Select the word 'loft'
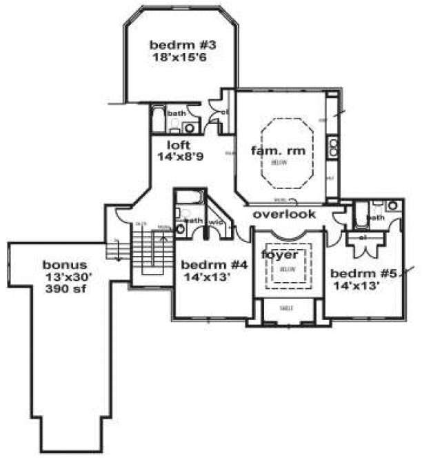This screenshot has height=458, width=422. (179, 145)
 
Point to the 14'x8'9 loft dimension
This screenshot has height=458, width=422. (179, 157)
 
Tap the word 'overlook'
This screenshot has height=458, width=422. (284, 214)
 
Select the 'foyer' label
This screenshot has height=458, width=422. (279, 255)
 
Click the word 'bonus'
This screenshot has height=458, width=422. (65, 265)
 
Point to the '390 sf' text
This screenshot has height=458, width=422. (65, 287)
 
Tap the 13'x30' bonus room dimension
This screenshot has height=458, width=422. (65, 276)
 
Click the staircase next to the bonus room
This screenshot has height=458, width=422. (143, 248)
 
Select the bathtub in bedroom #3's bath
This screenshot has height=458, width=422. (158, 119)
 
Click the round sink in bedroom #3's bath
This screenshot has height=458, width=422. (190, 128)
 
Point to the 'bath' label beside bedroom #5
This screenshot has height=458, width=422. (375, 218)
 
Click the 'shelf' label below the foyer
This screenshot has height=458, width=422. (285, 308)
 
